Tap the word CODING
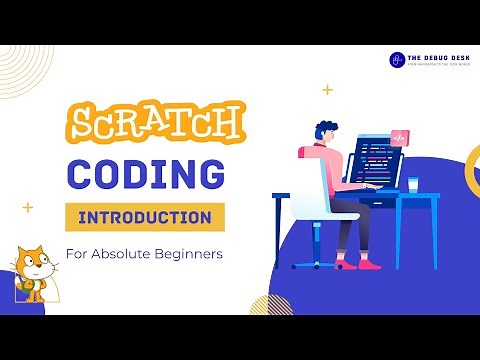coord(144,173)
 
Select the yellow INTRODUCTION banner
coord(144,217)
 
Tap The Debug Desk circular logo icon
coord(397,60)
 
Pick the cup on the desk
coord(412,184)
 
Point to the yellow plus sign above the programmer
coord(327,90)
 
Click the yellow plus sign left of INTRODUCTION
coord(28,208)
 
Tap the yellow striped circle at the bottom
coord(270,304)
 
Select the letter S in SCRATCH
coord(82,127)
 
